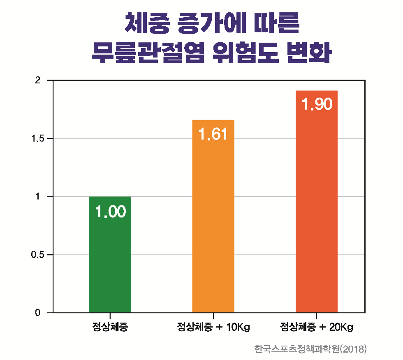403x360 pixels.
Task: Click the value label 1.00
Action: pyautogui.click(x=110, y=212)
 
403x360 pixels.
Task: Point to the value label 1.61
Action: pyautogui.click(x=213, y=134)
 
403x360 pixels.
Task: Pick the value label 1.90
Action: pyautogui.click(x=317, y=104)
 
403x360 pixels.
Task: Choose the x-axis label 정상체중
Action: pyautogui.click(x=110, y=328)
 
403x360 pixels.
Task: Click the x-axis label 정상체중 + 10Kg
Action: pyautogui.click(x=213, y=328)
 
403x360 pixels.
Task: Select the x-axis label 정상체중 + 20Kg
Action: pyautogui.click(x=317, y=328)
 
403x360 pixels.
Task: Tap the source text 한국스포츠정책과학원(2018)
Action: pyautogui.click(x=310, y=349)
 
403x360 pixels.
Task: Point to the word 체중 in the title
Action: pyautogui.click(x=147, y=24)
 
